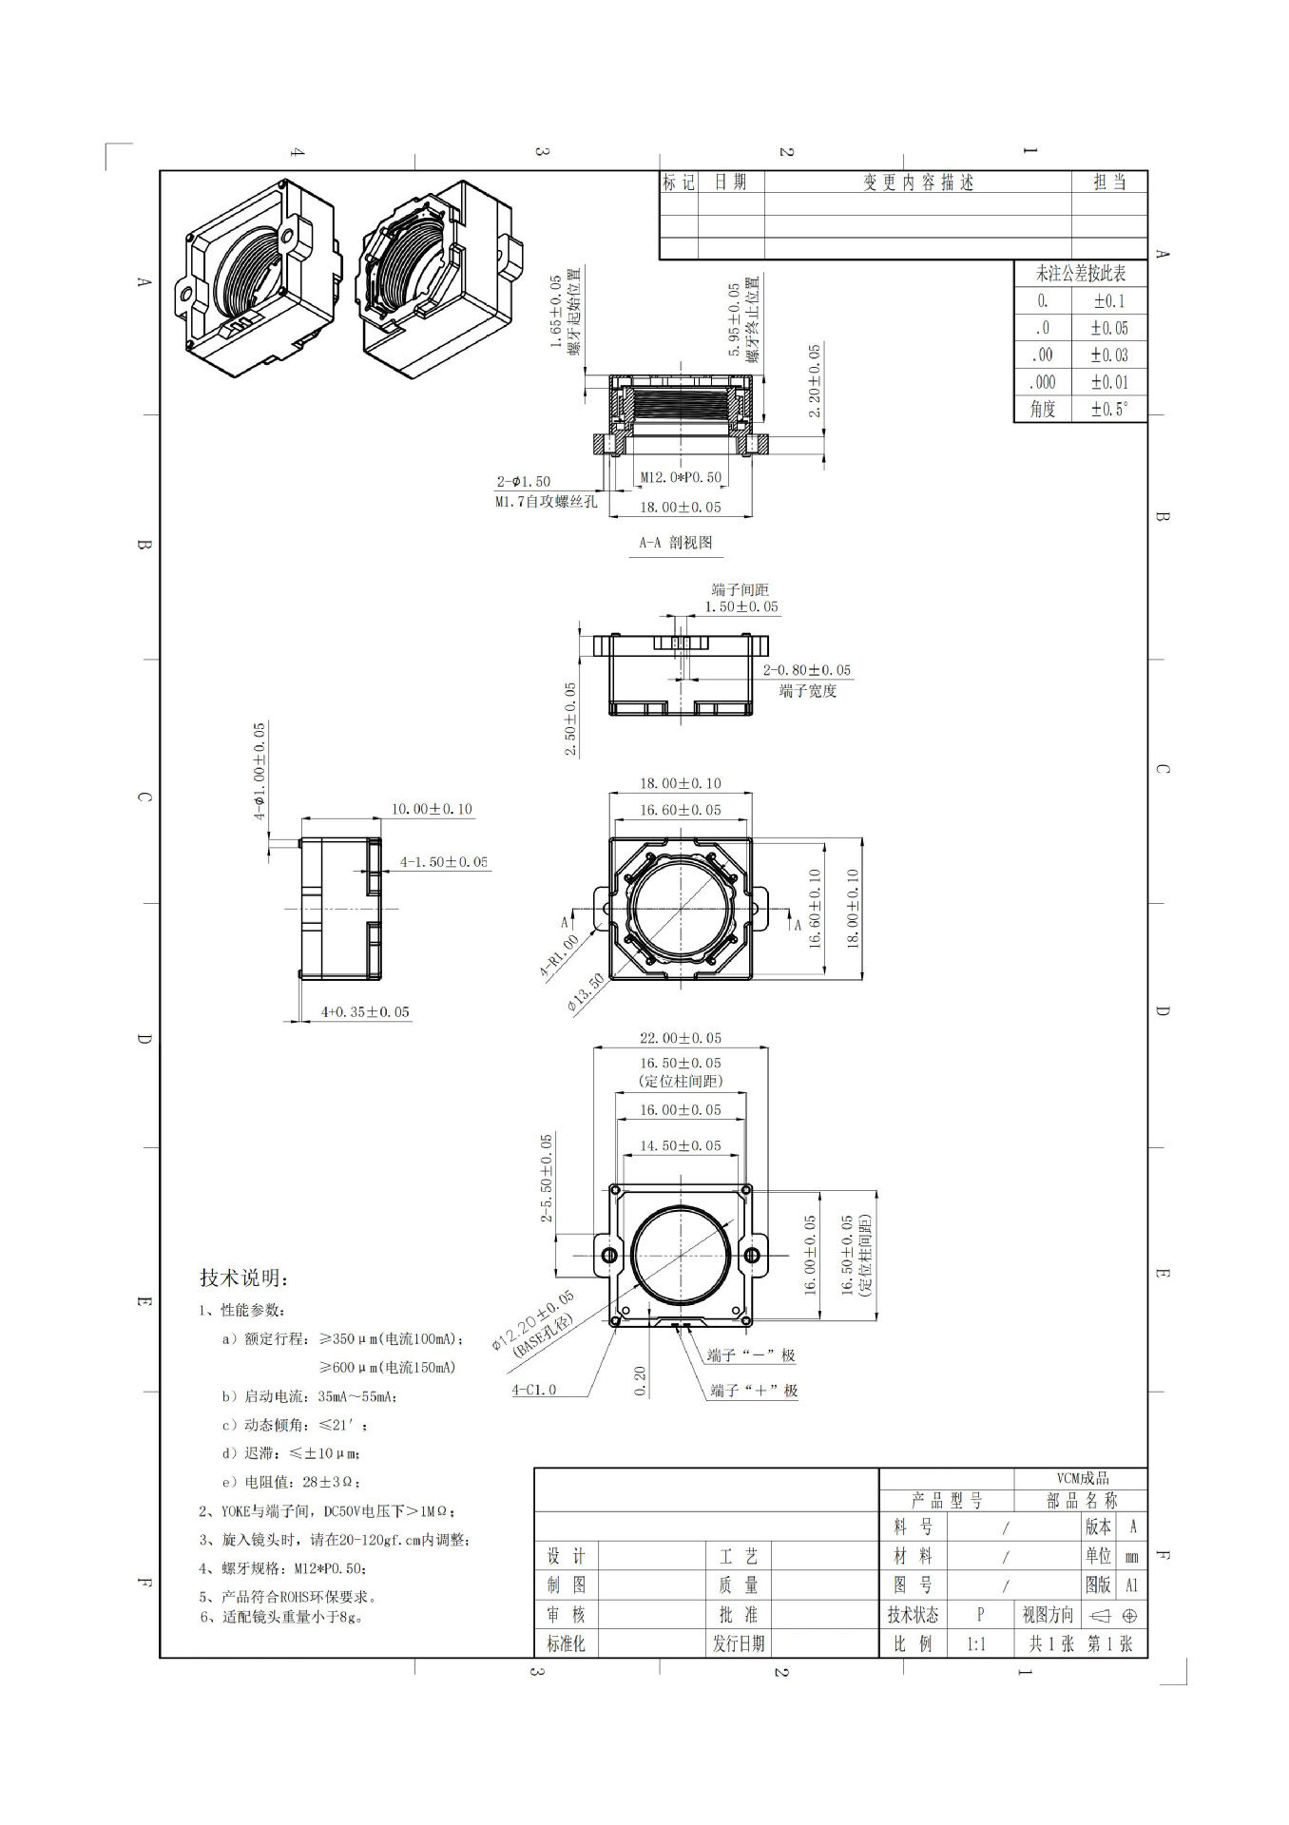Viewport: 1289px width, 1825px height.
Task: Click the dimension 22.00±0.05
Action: click(680, 1038)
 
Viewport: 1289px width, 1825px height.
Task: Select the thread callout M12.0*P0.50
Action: click(680, 477)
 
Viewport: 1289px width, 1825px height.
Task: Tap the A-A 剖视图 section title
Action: click(675, 543)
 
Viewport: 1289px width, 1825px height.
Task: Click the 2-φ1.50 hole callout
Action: click(523, 482)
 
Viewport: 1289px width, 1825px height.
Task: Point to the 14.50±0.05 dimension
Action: click(680, 1145)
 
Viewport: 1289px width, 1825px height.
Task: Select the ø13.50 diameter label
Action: click(586, 993)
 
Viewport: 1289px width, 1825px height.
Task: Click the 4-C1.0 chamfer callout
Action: click(534, 1390)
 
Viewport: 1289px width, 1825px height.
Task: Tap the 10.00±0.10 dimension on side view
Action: click(432, 809)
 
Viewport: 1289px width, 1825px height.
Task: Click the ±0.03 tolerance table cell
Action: click(1108, 355)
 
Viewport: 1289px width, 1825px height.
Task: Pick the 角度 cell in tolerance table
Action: click(1042, 409)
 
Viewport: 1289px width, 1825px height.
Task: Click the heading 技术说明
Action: click(244, 1277)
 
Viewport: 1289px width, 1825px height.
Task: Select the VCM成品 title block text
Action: click(1083, 1478)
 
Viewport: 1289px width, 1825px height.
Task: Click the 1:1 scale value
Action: click(976, 1643)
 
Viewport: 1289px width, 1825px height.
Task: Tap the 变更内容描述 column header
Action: click(917, 182)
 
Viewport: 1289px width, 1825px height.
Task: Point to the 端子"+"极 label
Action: click(754, 1391)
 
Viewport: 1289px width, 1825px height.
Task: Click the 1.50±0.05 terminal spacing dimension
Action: click(741, 606)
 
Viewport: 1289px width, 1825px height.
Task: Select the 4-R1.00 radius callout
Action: click(559, 956)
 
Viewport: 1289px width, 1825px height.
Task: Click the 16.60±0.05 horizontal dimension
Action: click(680, 810)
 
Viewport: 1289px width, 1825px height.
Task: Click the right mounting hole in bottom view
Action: click(751, 1256)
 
